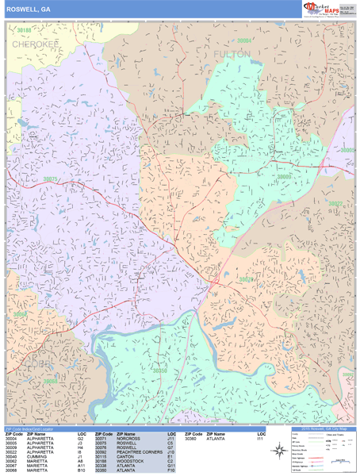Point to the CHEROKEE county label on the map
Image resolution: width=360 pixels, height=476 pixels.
tap(35, 45)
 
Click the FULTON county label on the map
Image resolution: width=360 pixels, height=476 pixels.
tap(232, 54)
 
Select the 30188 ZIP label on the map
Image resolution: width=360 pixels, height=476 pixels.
tap(26, 30)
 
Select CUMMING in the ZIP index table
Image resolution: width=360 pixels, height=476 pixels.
tap(37, 455)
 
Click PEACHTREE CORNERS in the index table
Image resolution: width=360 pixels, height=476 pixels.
tap(139, 451)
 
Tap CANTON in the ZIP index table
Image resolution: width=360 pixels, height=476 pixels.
tap(124, 455)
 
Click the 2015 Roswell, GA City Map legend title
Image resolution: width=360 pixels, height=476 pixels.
tap(322, 429)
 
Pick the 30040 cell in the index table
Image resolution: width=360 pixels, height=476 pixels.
tap(11, 455)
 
